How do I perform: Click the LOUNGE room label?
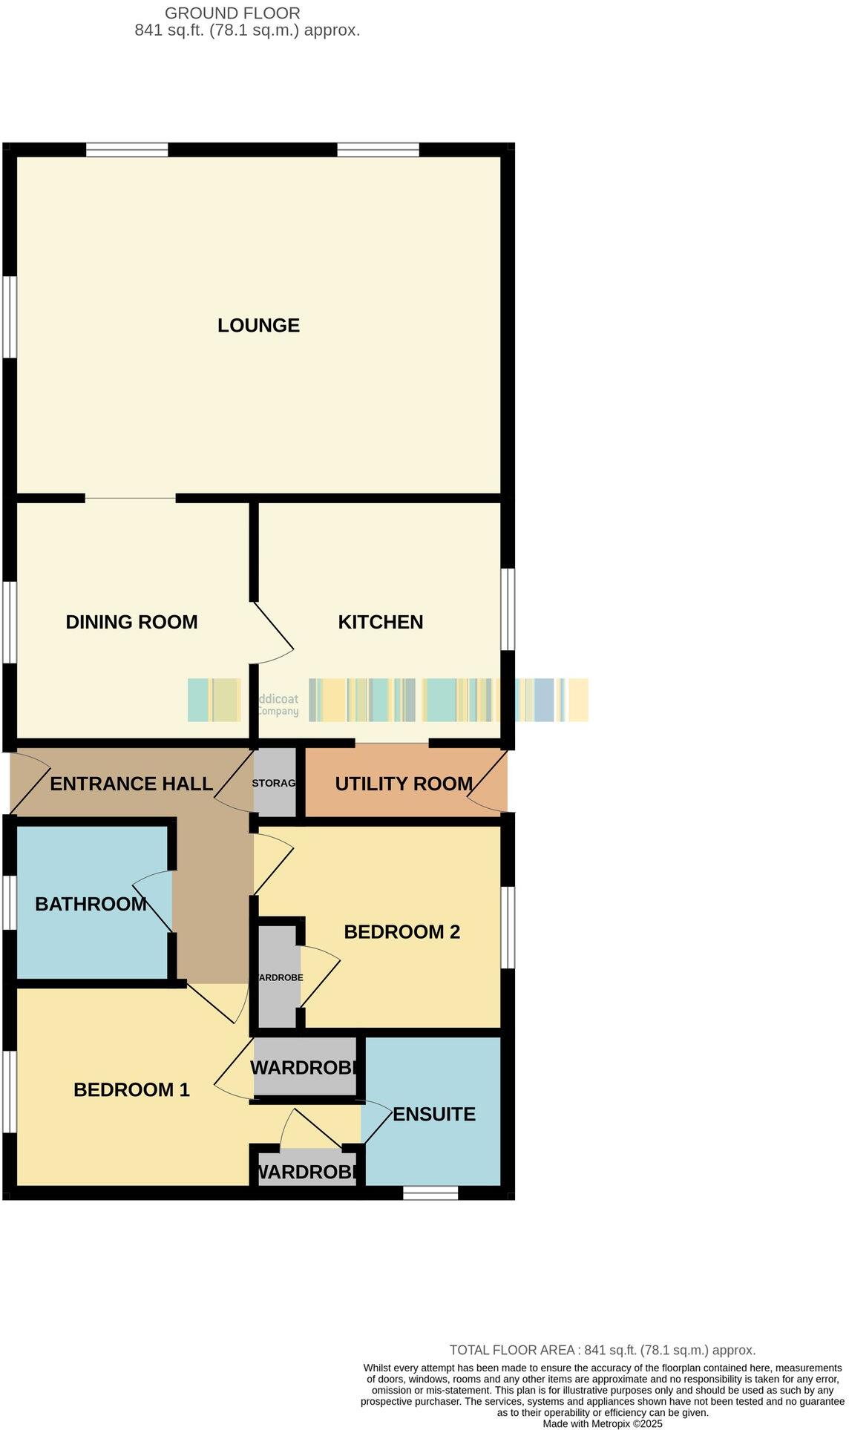tap(258, 325)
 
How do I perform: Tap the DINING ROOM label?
tap(131, 622)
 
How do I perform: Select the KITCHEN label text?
tap(381, 622)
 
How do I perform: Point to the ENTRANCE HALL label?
tap(131, 784)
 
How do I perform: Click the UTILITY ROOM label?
tap(404, 784)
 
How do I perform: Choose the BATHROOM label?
tap(91, 904)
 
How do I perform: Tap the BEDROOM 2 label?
tap(402, 931)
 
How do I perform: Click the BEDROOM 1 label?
tap(131, 1089)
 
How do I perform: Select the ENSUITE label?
tap(434, 1114)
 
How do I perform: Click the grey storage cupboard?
tap(275, 783)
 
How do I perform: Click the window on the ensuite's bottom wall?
tap(430, 1193)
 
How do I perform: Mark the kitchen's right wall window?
tap(508, 609)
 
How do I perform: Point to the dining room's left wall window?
tap(9, 621)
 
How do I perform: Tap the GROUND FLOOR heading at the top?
tap(232, 13)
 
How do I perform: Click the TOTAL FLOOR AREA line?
tap(603, 1350)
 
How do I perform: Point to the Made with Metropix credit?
tap(603, 1423)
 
